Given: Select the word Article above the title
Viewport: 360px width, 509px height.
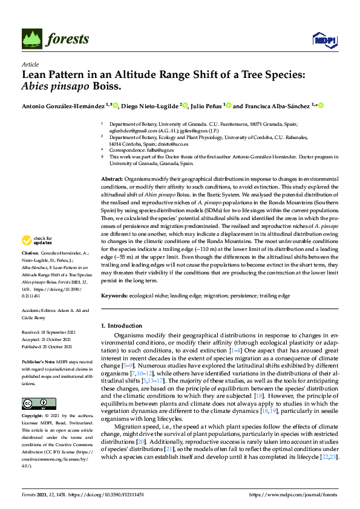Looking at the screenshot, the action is click(x=30, y=65).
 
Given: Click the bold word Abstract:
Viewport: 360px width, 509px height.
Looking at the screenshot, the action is click(x=111, y=180).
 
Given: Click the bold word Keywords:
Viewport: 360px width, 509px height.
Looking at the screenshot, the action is click(x=114, y=296).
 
